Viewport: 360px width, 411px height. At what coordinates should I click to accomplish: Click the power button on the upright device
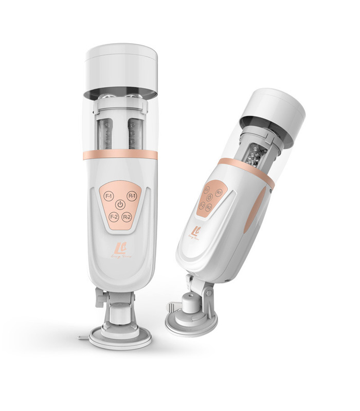120,205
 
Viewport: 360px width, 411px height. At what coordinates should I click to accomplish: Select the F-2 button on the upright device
109,217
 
